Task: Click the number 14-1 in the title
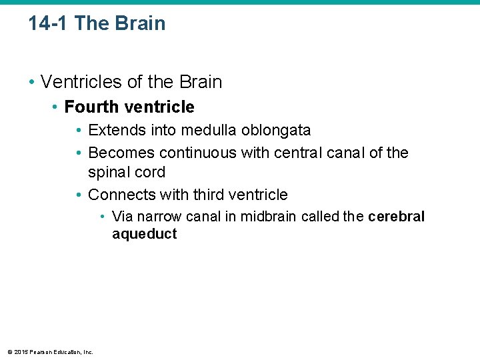pyautogui.click(x=49, y=23)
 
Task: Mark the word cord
pyautogui.click(x=149, y=172)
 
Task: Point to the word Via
pyautogui.click(x=122, y=217)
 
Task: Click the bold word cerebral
pyautogui.click(x=396, y=217)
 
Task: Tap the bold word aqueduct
pyautogui.click(x=145, y=234)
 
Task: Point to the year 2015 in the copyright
pyautogui.click(x=20, y=352)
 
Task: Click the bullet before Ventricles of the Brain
pyautogui.click(x=31, y=82)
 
